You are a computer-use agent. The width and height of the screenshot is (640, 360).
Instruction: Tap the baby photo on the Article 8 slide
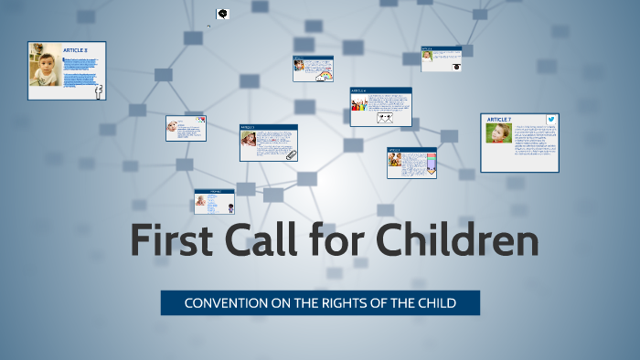(44, 69)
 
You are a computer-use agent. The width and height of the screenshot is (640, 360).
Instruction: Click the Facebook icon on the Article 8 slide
(98, 90)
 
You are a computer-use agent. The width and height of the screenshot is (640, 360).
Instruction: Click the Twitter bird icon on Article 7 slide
(551, 120)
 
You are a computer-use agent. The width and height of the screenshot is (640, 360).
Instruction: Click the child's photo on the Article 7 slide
(498, 134)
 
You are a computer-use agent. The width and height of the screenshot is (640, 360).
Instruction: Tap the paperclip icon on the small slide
(291, 154)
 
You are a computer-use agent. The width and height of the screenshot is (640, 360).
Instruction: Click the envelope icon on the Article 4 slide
(385, 117)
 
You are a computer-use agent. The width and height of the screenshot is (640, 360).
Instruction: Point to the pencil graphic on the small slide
(432, 164)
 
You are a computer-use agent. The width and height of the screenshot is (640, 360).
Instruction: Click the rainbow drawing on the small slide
(324, 77)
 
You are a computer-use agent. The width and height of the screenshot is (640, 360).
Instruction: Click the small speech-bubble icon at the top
(223, 15)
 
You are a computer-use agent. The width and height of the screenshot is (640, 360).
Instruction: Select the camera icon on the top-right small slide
(455, 66)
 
